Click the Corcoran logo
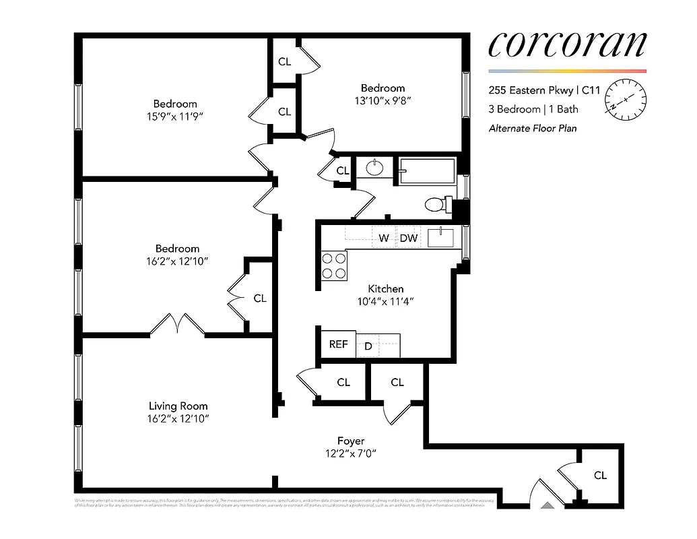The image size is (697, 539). (567, 44)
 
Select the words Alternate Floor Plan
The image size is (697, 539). (532, 128)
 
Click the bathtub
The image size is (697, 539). (428, 170)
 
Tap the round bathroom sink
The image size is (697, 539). (374, 168)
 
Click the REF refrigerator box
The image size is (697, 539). (338, 344)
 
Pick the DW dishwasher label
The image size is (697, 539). (409, 238)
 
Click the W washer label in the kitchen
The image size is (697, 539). (383, 238)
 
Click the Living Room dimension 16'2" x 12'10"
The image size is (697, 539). (178, 419)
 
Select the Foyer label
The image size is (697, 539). (350, 441)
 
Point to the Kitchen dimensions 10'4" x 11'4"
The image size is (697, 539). (386, 302)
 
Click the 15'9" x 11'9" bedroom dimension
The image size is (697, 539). (175, 117)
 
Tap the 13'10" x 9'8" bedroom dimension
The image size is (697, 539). (383, 101)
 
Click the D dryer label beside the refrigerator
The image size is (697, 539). (368, 346)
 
